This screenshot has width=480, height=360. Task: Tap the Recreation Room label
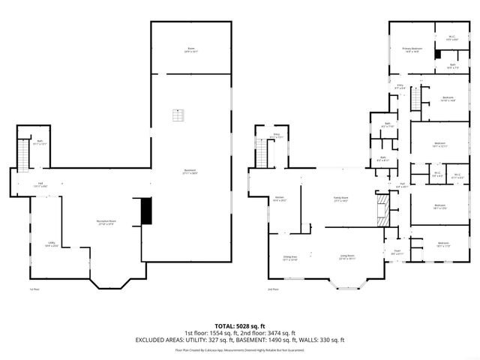point(106,222)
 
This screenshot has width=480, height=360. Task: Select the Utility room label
point(51,244)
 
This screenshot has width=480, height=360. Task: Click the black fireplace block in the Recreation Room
point(146,211)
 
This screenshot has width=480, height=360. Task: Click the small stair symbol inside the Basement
point(177,115)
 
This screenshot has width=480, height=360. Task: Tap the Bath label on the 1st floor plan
point(40,142)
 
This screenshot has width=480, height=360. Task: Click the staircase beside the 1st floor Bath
point(23,154)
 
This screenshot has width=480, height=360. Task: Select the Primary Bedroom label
point(412,50)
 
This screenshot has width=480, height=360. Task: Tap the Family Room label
point(342,199)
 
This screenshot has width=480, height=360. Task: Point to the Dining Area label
point(289,259)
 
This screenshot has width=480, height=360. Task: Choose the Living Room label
point(346,259)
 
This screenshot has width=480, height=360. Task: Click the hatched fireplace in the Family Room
point(383,209)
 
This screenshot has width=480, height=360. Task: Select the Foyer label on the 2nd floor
point(396,252)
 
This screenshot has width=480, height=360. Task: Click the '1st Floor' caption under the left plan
point(33,289)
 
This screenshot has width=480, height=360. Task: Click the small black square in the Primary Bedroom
point(439,55)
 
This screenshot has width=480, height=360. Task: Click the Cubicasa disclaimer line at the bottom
point(239,349)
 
